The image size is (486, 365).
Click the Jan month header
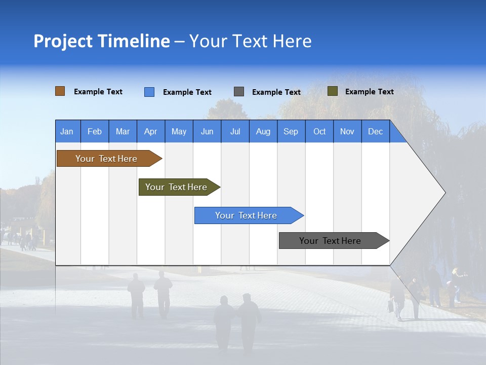click(x=67, y=131)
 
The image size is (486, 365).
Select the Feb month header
click(x=95, y=131)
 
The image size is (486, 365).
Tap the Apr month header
click(x=151, y=131)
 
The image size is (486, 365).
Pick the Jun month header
click(x=207, y=131)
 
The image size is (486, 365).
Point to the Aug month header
click(x=263, y=131)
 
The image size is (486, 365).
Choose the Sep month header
click(x=291, y=131)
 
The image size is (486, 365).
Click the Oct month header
click(x=319, y=131)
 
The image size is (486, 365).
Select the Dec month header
click(x=376, y=131)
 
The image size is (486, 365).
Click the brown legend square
click(x=60, y=91)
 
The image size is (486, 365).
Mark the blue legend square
click(x=149, y=92)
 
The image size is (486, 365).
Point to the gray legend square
click(x=239, y=91)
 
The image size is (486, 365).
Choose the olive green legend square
click(x=333, y=91)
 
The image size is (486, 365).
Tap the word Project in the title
click(x=63, y=41)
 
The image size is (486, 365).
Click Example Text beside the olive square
click(x=369, y=92)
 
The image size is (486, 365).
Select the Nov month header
click(x=347, y=131)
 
